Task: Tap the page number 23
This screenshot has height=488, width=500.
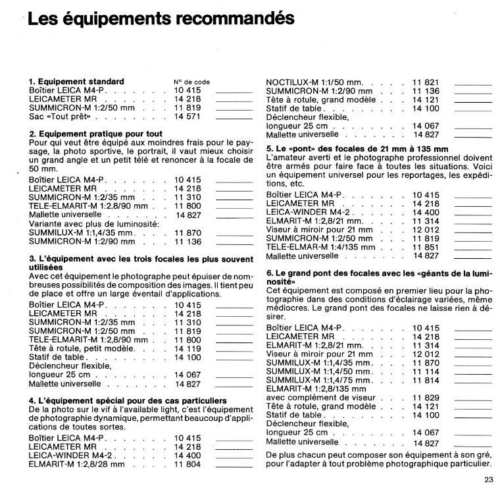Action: [488, 479]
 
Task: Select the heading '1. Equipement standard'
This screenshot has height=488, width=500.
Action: [76, 82]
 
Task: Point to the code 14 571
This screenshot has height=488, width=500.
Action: [187, 116]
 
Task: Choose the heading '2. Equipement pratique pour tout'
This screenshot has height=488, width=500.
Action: [96, 134]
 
